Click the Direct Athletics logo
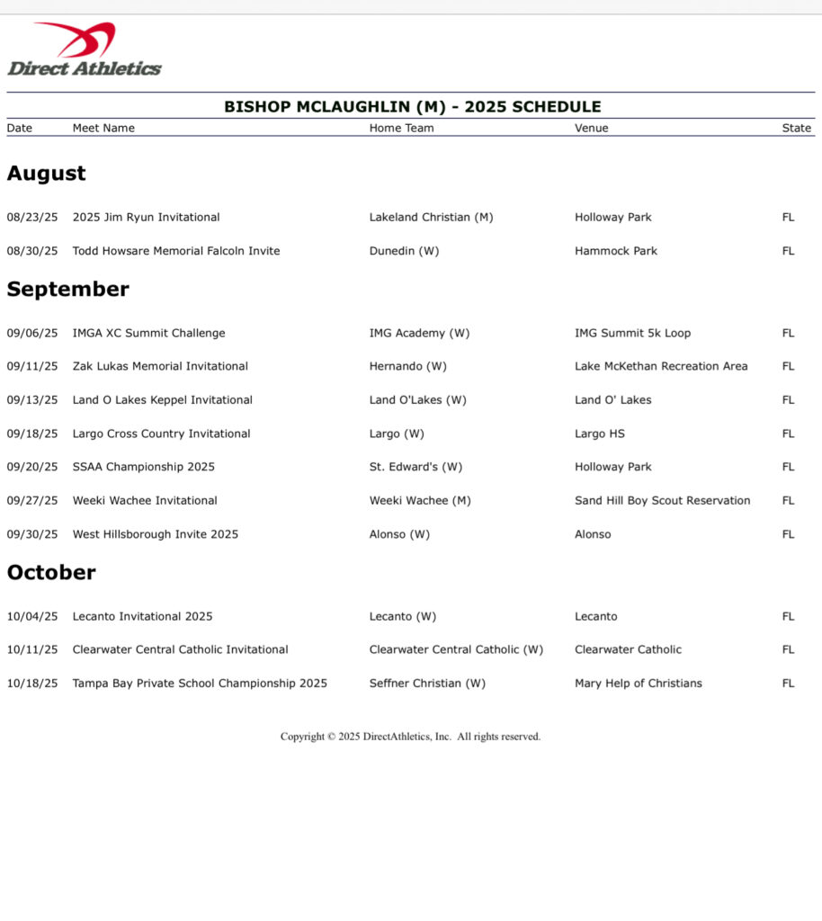(x=85, y=49)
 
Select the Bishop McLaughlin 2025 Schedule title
(x=412, y=106)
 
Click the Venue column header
(x=591, y=128)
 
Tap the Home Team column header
(x=401, y=128)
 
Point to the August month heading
(x=46, y=174)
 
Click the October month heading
(x=50, y=573)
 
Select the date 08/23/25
(x=31, y=217)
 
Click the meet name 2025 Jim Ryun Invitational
(x=146, y=217)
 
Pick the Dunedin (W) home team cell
(x=404, y=251)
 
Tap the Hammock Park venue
(x=615, y=251)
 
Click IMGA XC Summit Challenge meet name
(x=148, y=333)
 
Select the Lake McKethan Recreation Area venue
(x=661, y=366)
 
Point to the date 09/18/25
(x=31, y=434)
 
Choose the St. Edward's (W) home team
(x=415, y=467)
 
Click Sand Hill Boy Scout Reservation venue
(x=662, y=500)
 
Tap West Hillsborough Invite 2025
(x=155, y=534)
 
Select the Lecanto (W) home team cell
(x=402, y=616)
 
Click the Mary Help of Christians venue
(x=638, y=683)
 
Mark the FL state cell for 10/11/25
(x=788, y=649)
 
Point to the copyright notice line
(x=410, y=737)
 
